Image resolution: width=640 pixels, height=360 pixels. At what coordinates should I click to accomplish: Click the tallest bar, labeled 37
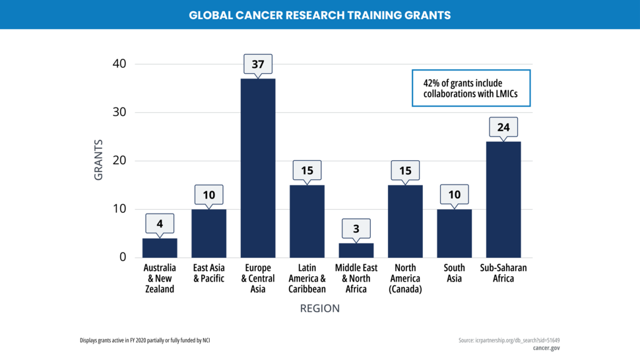(257, 167)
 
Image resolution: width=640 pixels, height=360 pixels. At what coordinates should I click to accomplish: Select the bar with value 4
(160, 247)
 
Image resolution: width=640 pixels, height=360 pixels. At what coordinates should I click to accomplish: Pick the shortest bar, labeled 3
(356, 250)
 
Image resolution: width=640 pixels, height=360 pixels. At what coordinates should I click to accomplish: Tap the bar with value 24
(503, 199)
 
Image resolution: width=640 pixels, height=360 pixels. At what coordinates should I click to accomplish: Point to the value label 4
(160, 224)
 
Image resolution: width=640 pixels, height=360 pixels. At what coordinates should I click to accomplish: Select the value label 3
(356, 229)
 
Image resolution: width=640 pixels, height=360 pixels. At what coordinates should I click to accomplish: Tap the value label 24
(503, 127)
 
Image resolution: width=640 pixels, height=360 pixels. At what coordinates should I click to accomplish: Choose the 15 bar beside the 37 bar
(307, 221)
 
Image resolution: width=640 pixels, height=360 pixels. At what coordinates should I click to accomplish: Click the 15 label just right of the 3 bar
(405, 171)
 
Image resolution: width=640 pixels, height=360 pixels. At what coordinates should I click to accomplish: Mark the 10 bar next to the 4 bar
(208, 233)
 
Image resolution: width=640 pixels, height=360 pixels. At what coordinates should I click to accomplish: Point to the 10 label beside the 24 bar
(454, 195)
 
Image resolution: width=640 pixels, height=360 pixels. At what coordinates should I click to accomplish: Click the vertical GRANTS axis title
(99, 160)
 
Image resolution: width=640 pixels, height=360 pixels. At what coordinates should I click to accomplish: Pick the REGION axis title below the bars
(320, 308)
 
